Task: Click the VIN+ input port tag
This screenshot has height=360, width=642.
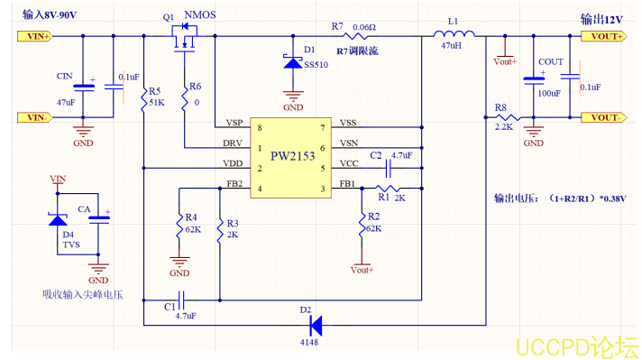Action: [34, 37]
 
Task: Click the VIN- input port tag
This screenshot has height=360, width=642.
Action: [34, 117]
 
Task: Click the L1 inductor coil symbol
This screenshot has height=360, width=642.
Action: [449, 37]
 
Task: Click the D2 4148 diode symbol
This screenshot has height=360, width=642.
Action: [316, 324]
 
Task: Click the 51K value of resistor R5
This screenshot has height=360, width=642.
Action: [156, 102]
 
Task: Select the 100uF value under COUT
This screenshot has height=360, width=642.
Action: [549, 93]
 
